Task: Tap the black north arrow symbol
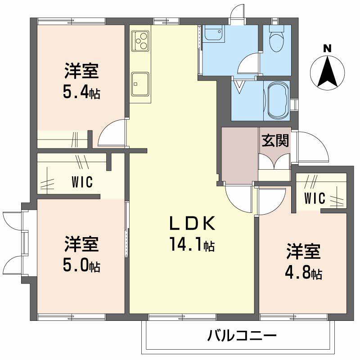pyautogui.click(x=328, y=71)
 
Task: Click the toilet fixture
pyautogui.click(x=275, y=40)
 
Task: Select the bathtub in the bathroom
pyautogui.click(x=276, y=100)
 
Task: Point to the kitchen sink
pyautogui.click(x=140, y=83)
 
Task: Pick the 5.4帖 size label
pyautogui.click(x=81, y=93)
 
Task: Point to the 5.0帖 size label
pyautogui.click(x=81, y=266)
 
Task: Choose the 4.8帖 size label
pyautogui.click(x=304, y=273)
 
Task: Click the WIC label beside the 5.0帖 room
pyautogui.click(x=82, y=182)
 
